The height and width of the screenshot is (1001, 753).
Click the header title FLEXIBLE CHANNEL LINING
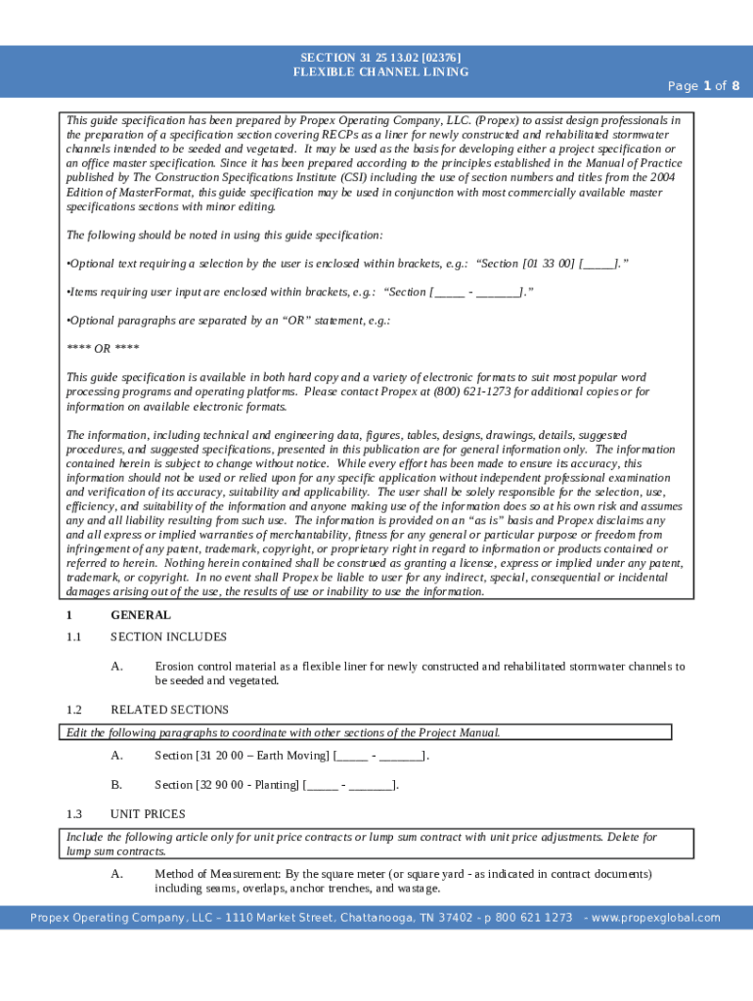pyautogui.click(x=380, y=72)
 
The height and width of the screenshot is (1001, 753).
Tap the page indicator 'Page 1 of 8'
pyautogui.click(x=703, y=86)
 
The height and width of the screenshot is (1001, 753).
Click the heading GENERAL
pyautogui.click(x=141, y=616)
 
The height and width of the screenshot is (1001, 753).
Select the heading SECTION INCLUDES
pyautogui.click(x=168, y=637)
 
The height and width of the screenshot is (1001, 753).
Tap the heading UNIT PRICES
pyautogui.click(x=148, y=814)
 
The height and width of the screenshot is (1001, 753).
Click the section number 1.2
pyautogui.click(x=74, y=711)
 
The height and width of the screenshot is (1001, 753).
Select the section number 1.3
pyautogui.click(x=74, y=814)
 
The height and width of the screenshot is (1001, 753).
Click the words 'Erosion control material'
pyautogui.click(x=217, y=667)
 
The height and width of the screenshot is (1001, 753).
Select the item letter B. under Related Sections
pyautogui.click(x=116, y=785)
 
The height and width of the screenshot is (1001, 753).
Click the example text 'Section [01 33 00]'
pyautogui.click(x=526, y=264)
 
